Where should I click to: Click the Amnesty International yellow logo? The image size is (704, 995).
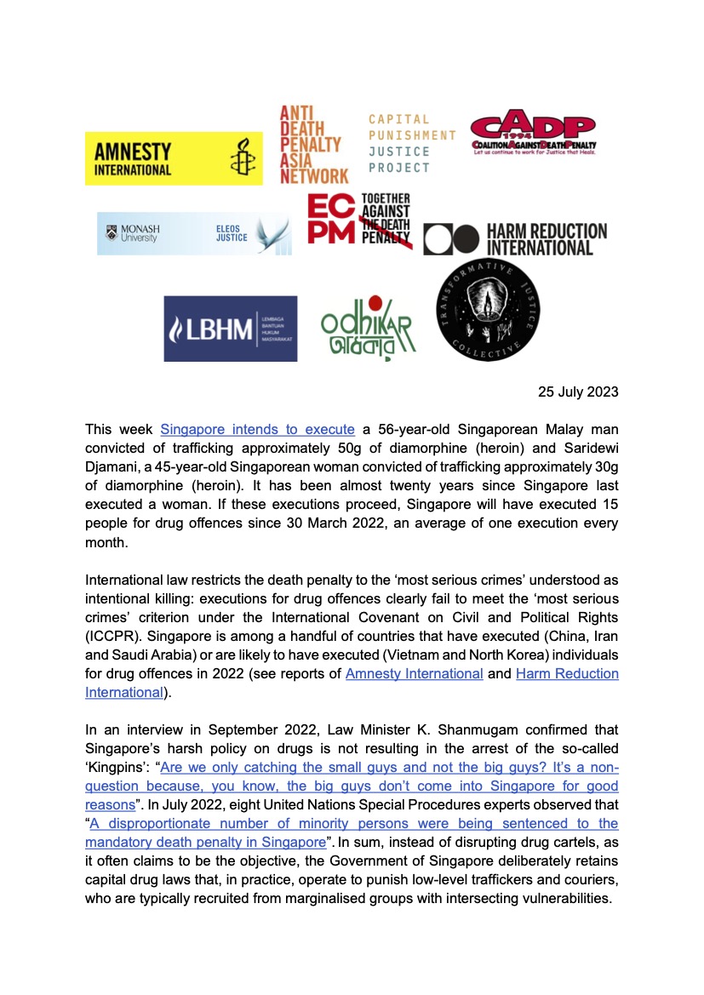[162, 158]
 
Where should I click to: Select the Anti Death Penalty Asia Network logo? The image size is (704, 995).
[313, 145]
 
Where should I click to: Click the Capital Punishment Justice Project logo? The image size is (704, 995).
[411, 143]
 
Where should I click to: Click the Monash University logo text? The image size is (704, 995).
[136, 233]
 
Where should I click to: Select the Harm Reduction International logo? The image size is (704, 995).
[516, 239]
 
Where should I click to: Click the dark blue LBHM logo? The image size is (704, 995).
[231, 329]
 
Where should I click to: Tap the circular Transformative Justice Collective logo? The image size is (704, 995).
[488, 310]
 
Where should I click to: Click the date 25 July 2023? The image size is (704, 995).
[578, 392]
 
